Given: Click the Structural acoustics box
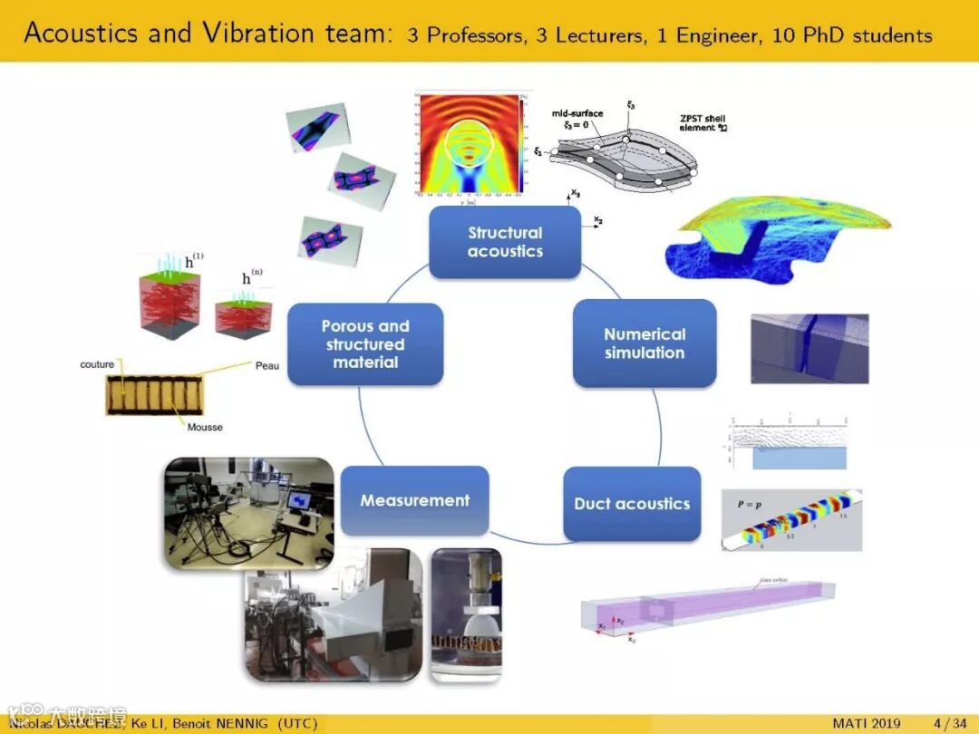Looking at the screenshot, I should pos(504,242).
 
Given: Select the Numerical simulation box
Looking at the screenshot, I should pos(645,343).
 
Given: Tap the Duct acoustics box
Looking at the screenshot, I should pos(632,504).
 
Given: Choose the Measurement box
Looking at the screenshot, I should pos(414,500).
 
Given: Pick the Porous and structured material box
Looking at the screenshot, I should pos(365,343).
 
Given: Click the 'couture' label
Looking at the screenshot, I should pos(97,364).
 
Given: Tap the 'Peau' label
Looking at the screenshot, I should pos(267,366).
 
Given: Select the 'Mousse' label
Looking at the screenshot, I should pos(205,426).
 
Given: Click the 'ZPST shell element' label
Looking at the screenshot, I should pos(703,123).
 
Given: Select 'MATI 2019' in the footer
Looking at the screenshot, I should pos(867,723).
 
